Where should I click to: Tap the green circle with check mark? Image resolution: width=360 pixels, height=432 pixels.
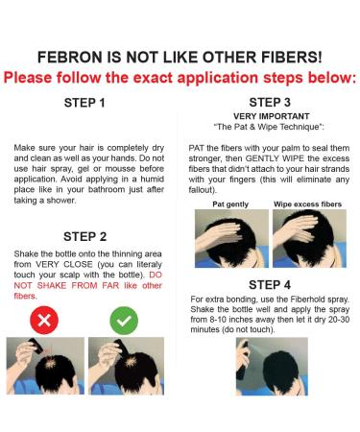124,319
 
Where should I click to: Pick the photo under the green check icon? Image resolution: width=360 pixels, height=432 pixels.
123,366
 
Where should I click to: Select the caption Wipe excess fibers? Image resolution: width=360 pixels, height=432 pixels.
306,203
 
